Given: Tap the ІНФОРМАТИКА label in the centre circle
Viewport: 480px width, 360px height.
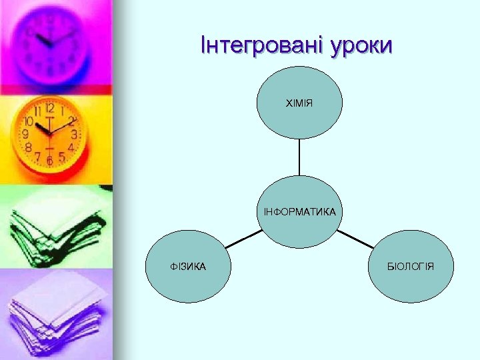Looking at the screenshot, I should pos(299,212).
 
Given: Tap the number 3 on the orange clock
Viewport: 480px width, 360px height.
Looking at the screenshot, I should pos(73,133).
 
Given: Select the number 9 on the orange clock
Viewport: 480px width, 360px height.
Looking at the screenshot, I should pos(25,134).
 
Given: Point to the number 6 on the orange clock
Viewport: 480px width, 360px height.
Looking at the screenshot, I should pos(49,161).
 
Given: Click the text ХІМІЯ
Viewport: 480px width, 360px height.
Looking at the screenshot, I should pos(299,103).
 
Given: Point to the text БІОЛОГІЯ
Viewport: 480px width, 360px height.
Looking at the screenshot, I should pos(411,267).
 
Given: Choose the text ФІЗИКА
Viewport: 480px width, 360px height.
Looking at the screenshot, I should pos(188,267).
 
